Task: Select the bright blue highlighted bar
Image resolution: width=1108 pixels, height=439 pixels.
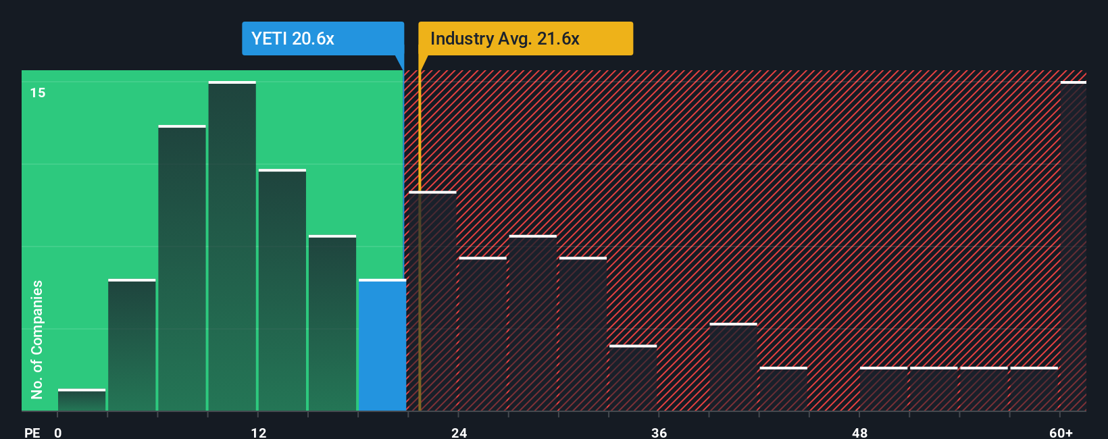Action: [382, 345]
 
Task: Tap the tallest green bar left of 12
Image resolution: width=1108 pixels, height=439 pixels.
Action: [232, 247]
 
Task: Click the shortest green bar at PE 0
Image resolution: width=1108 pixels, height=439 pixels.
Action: [82, 401]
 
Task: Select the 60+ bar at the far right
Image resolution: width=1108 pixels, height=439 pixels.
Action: [1073, 247]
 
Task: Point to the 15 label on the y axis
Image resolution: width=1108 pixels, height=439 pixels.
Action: [38, 93]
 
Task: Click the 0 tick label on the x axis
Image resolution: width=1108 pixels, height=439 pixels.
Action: [58, 432]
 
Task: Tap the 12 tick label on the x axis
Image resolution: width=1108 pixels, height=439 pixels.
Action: [258, 432]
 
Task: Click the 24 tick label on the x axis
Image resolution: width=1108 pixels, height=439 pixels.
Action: [459, 432]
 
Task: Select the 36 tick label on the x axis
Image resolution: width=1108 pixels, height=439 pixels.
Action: [659, 432]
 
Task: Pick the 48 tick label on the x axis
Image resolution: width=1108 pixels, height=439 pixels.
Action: [859, 432]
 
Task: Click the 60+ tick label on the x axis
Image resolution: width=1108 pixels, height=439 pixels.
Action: [1061, 432]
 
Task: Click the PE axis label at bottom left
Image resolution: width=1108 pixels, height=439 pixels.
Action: [32, 432]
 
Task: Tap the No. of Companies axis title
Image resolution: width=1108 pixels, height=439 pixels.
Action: [37, 339]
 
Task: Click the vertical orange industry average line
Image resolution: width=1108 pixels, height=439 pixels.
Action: [420, 270]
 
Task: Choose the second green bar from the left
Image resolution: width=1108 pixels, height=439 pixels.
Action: [132, 345]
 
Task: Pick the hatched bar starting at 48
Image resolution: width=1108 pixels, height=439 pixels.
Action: [883, 390]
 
